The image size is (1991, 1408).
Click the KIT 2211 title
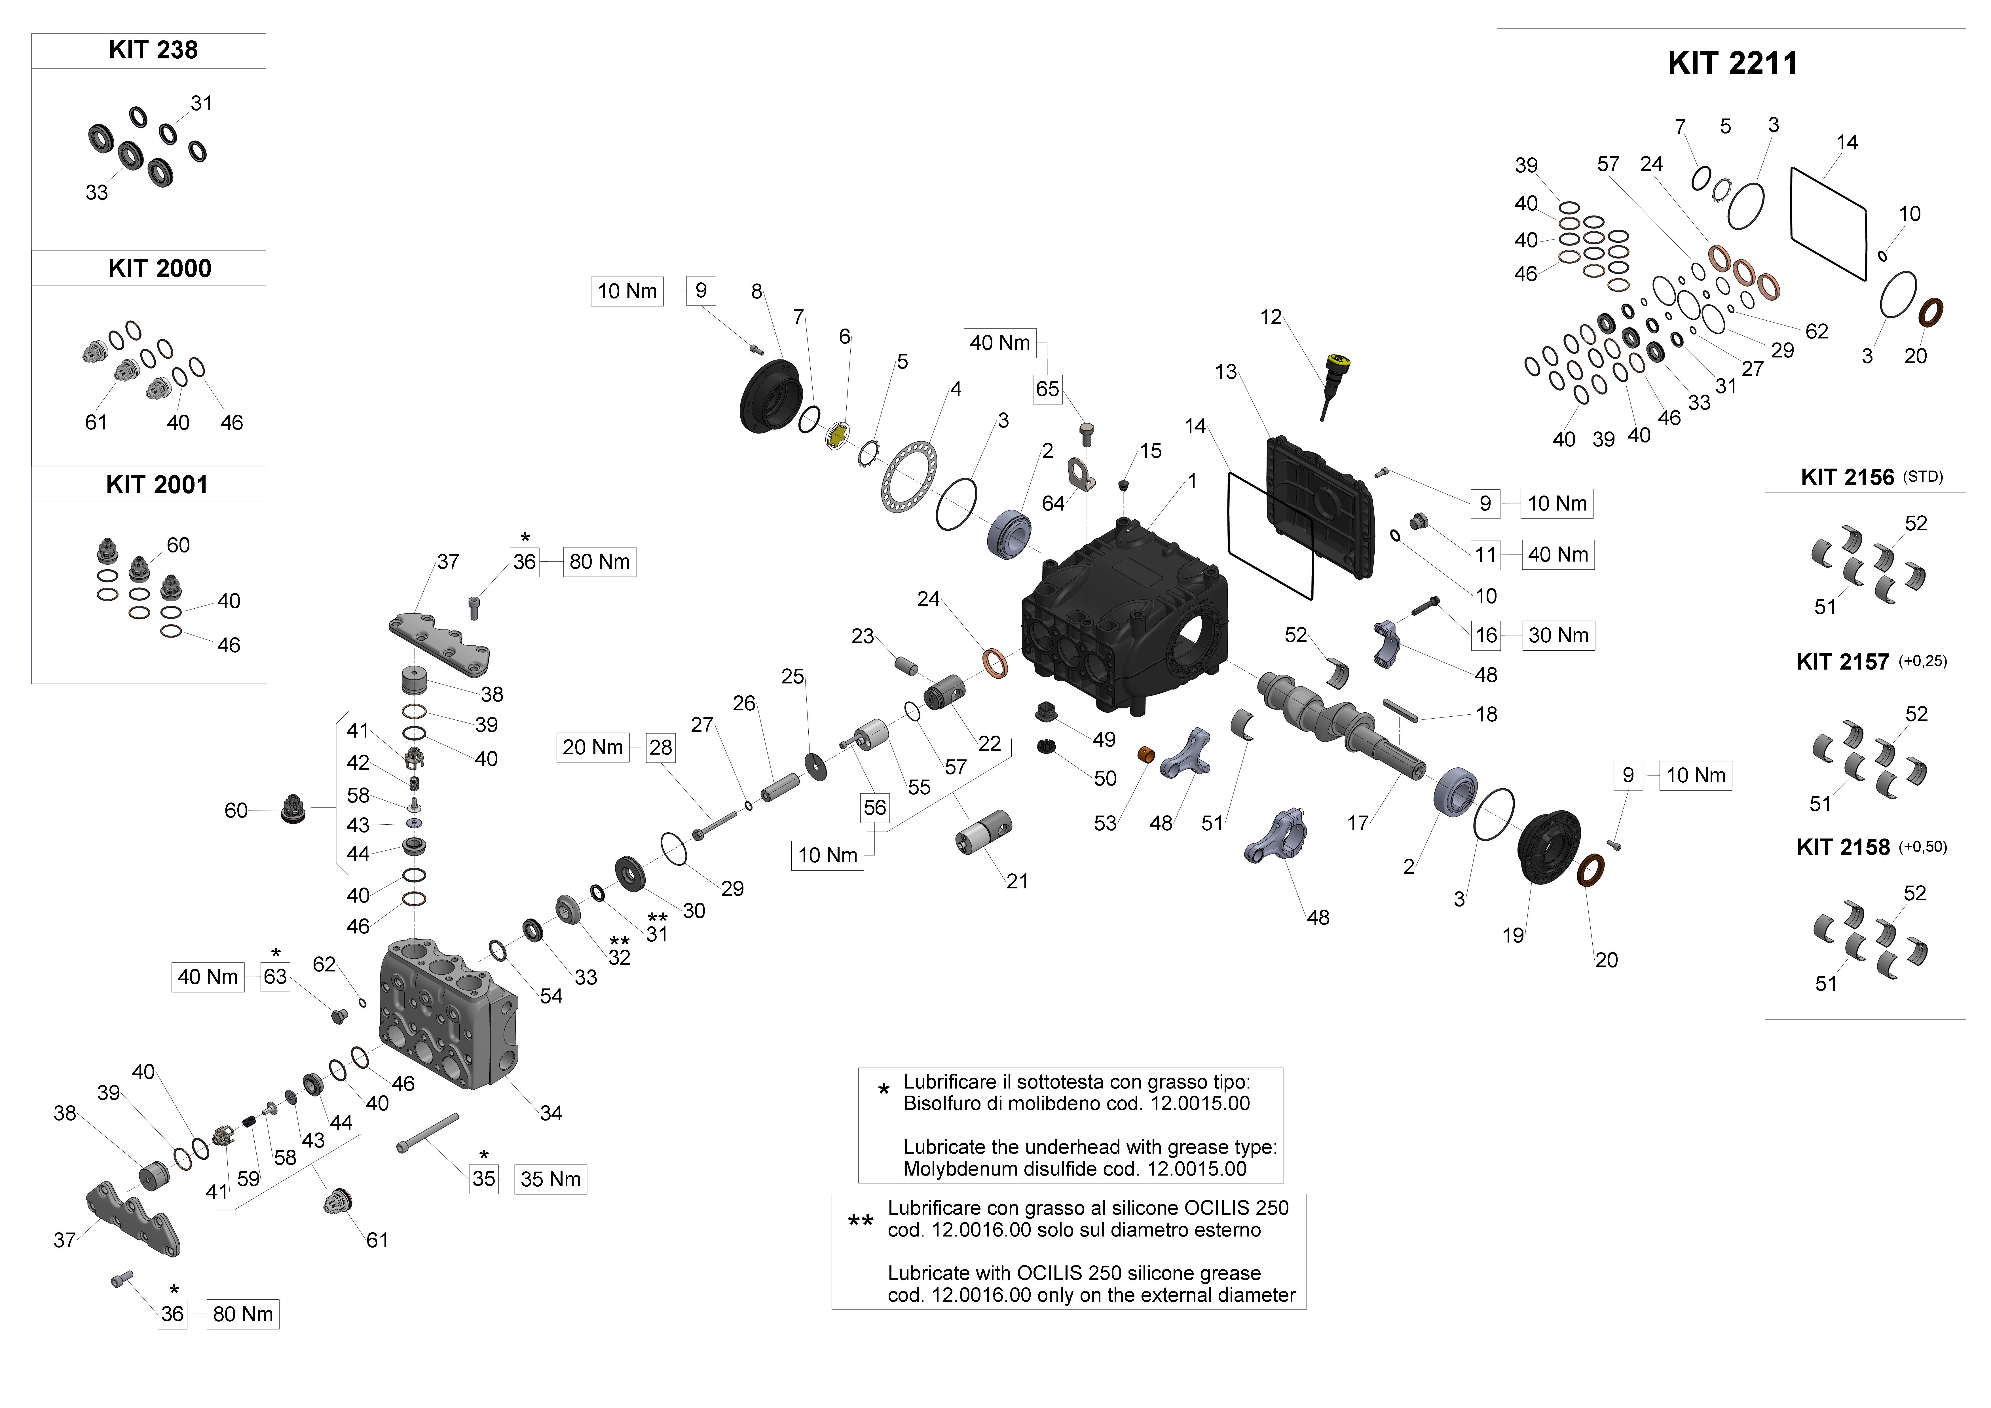[1732, 63]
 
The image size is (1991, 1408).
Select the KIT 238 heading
[153, 50]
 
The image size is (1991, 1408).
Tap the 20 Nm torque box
[592, 747]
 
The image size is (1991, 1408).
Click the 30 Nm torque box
[1558, 636]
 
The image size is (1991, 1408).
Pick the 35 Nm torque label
[551, 1179]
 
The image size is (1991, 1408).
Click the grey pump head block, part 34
[447, 1014]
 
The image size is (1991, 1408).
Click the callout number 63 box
[275, 977]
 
